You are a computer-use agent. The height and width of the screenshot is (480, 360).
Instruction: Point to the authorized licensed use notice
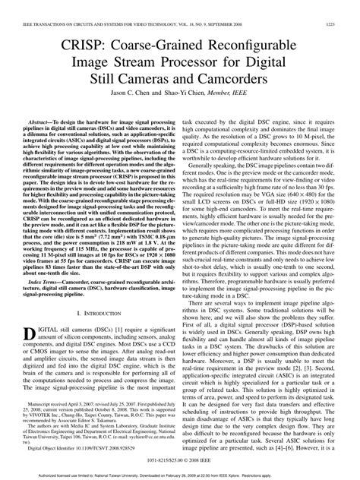click(180, 475)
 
